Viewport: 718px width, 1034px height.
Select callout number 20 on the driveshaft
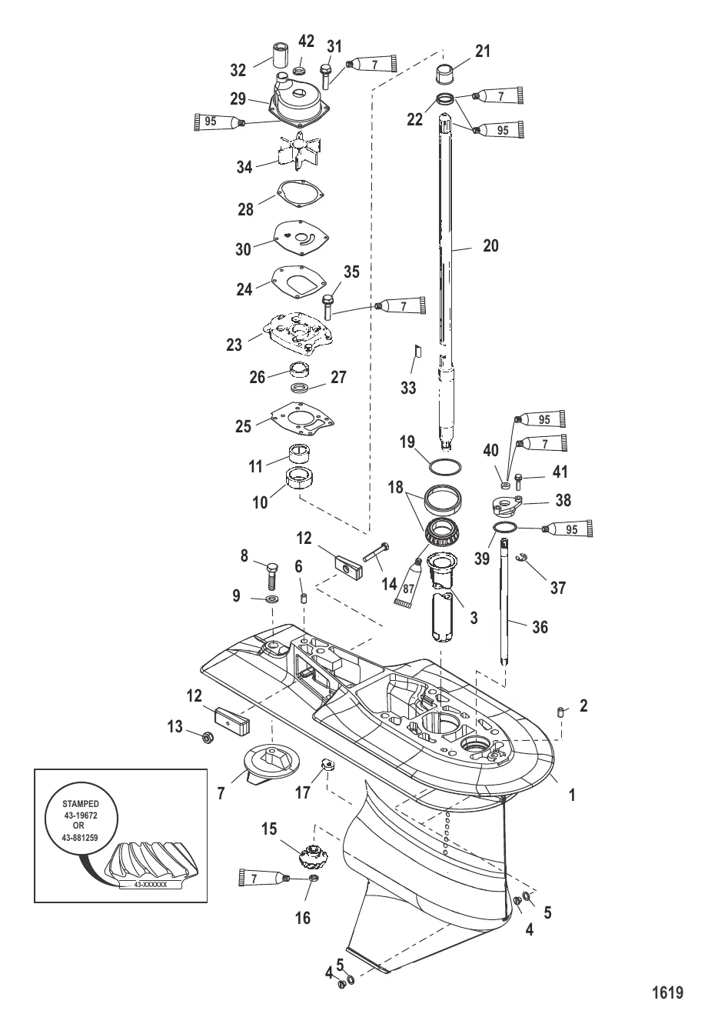(490, 245)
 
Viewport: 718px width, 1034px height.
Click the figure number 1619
(666, 992)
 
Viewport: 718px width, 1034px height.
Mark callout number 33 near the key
(408, 387)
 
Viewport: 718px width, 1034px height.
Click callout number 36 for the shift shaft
(540, 627)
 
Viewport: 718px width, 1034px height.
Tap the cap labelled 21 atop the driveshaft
(446, 75)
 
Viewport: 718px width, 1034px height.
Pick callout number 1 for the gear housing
(571, 795)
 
